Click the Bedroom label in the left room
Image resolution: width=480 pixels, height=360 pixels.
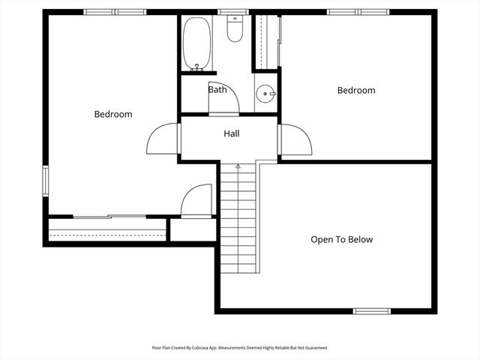112,114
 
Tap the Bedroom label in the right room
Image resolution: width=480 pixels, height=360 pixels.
355,90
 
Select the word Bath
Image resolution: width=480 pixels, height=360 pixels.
217,89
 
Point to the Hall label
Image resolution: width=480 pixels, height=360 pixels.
232,134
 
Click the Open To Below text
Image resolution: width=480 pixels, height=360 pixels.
341,240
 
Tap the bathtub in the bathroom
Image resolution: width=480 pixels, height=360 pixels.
196,43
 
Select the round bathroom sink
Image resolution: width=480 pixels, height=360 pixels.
265,94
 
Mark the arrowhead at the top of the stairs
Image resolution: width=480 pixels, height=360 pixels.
238,166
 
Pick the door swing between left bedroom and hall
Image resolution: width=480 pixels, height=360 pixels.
163,139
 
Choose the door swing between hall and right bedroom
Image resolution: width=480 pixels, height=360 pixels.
295,139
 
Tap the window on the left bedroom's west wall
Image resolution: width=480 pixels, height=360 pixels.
45,181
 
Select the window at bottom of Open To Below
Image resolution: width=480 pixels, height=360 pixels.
372,310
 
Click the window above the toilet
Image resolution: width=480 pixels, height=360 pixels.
233,12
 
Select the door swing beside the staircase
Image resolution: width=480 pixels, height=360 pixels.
196,201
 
